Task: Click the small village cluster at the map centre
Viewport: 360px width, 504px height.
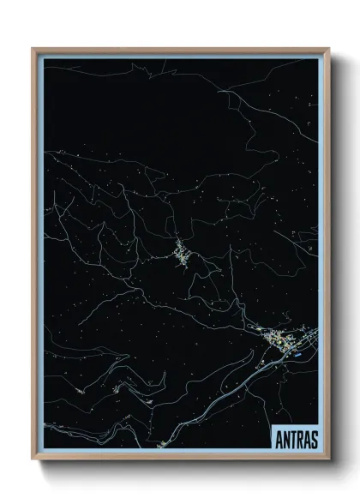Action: click(182, 254)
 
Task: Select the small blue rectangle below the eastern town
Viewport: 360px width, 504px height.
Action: click(297, 350)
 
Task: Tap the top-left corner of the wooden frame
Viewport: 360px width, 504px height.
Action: click(33, 50)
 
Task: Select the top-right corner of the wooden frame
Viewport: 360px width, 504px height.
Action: click(329, 50)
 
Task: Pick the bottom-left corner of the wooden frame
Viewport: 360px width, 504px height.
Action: click(33, 461)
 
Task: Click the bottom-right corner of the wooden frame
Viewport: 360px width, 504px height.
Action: click(329, 461)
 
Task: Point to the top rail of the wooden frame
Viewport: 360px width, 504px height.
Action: click(180, 49)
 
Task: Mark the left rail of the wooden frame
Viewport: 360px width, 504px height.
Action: click(33, 257)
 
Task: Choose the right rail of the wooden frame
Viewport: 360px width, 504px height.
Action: click(329, 257)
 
